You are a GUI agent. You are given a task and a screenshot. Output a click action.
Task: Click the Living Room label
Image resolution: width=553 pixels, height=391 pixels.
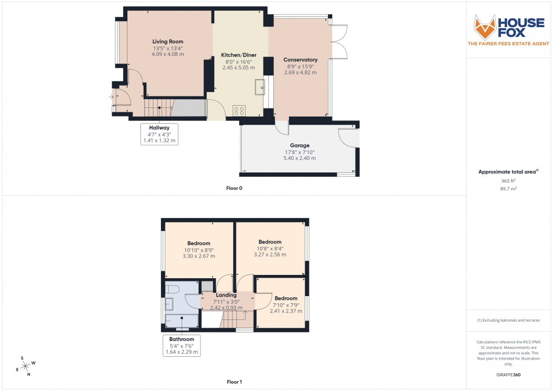[168, 42]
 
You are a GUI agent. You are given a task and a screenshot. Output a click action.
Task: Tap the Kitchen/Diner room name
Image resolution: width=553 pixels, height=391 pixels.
[239, 55]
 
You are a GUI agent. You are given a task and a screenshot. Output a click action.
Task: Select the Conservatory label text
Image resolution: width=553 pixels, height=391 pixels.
[301, 60]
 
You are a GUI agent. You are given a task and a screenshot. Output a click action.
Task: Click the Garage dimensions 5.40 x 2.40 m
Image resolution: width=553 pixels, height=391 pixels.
[299, 158]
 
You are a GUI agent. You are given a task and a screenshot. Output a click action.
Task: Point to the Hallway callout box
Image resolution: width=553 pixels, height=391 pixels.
[159, 134]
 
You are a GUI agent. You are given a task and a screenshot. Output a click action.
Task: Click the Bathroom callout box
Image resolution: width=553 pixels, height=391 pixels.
[181, 345]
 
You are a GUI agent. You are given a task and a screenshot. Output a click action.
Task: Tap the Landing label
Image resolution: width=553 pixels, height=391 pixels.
[226, 296]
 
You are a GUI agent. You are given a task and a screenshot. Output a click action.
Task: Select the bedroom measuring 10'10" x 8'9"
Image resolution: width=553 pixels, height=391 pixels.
[198, 249]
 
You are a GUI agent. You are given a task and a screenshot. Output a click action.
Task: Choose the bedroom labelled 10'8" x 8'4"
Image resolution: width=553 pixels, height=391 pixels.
[269, 248]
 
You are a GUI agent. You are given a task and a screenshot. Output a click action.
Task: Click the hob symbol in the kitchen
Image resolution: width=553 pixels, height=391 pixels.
[239, 111]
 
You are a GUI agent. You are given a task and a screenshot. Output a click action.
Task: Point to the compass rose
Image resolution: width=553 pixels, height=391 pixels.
[25, 366]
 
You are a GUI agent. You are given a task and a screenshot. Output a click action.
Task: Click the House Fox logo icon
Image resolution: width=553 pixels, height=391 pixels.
[485, 27]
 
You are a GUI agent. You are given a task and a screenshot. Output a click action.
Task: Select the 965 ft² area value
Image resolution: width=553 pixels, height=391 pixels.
[509, 181]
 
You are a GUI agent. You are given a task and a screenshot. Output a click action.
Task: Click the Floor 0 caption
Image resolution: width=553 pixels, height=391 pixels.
[234, 188]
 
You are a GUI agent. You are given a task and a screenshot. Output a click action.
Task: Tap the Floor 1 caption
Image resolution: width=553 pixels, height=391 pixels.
[234, 382]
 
